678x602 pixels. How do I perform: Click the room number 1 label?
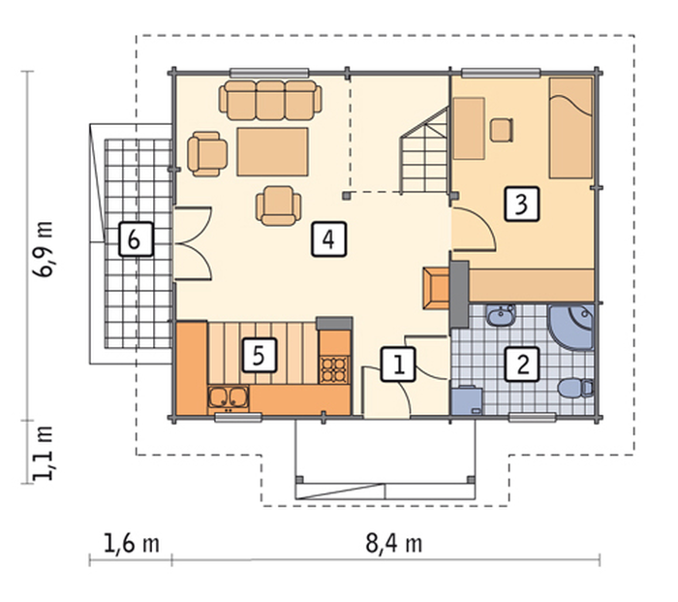(x=398, y=364)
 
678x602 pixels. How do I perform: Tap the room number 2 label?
(x=522, y=364)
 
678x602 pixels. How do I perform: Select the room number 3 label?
(x=522, y=205)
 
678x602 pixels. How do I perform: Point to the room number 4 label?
(x=328, y=239)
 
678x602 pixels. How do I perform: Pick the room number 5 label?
(x=259, y=356)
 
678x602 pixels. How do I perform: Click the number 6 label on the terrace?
(x=136, y=239)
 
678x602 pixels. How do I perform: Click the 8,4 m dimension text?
(x=393, y=544)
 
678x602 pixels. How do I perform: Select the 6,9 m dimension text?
(x=44, y=249)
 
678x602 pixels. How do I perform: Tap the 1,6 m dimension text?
(x=132, y=544)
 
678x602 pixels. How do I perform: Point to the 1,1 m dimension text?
(x=44, y=453)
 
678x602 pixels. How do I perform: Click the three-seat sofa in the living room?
(x=270, y=100)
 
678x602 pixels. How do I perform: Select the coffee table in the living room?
(x=272, y=151)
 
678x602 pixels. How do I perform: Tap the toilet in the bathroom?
(x=575, y=388)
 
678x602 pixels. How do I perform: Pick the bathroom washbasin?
(x=501, y=315)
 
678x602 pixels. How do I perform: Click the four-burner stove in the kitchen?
(x=334, y=369)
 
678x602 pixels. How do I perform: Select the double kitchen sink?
(x=228, y=398)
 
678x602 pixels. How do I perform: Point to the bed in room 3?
(x=570, y=128)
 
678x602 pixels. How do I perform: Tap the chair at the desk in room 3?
(x=502, y=130)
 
